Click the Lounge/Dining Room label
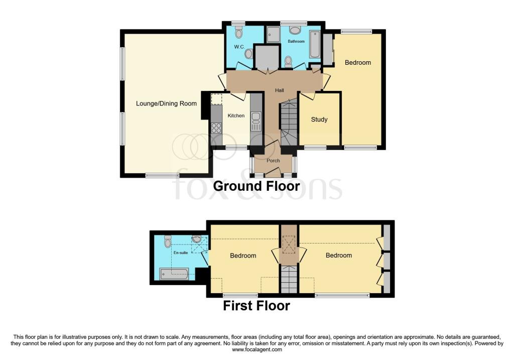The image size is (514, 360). pos(166,104)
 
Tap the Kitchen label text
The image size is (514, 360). pos(236,115)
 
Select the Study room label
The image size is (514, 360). pos(319,119)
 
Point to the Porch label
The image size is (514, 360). pos(273,161)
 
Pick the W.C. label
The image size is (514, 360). pos(239,47)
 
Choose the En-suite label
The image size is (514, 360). pos(180,253)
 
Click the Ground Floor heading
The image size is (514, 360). pos(256,186)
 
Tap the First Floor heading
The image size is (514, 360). pos(256,305)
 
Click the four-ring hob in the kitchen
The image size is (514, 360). pos(217,128)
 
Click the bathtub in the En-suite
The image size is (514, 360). pos(174,274)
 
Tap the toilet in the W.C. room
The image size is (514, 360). pos(239,33)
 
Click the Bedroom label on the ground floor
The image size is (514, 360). pos(358,63)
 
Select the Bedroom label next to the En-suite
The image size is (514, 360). pos(243,256)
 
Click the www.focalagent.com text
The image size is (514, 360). pos(256,349)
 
